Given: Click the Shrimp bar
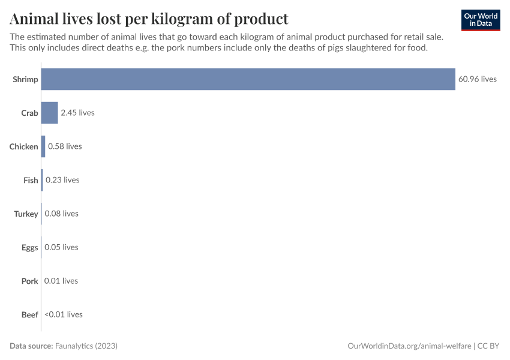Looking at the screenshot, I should (x=248, y=79).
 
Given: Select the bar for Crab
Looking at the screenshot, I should (x=50, y=113).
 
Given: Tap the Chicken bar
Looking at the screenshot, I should (x=43, y=146).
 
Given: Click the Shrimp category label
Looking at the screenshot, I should (x=25, y=79).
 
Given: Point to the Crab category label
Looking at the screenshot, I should (x=29, y=113).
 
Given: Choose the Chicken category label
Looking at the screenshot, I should (x=24, y=146).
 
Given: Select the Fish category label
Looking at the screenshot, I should (x=31, y=180).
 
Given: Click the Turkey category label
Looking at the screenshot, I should (x=26, y=214).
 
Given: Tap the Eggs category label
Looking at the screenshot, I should (x=30, y=247).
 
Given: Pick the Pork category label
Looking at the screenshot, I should (x=30, y=281).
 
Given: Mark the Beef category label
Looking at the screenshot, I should (x=30, y=314).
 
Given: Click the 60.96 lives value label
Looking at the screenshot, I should (x=478, y=79).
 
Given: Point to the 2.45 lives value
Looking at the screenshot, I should (x=77, y=113).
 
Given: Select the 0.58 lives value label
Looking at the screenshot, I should (x=65, y=146).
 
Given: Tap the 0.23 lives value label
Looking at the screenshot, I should (x=62, y=180).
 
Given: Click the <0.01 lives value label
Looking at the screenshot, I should (x=64, y=314).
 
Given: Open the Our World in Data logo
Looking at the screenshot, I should (x=481, y=20).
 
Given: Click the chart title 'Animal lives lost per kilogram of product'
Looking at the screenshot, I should (x=149, y=19).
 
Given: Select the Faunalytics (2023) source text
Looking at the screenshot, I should (x=86, y=346).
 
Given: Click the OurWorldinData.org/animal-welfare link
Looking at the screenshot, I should (x=409, y=346).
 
